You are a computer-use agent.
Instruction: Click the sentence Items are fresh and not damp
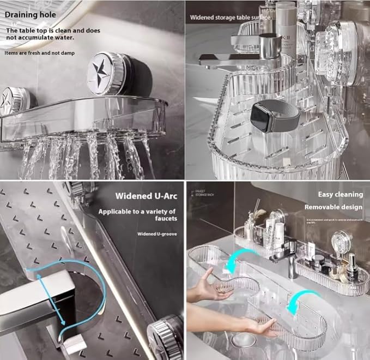click(x=41, y=53)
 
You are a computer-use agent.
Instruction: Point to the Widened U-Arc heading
click(x=145, y=196)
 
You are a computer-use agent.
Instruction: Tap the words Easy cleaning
click(x=341, y=194)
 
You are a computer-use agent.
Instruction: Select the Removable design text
click(x=333, y=207)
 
